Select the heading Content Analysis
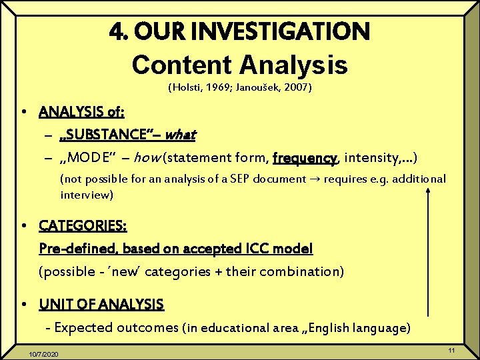coord(239,65)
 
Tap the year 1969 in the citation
coord(225,87)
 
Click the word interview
coord(87,195)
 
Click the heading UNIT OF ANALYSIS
coord(101,305)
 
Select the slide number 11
coord(451,351)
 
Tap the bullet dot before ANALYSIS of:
coord(23,111)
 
